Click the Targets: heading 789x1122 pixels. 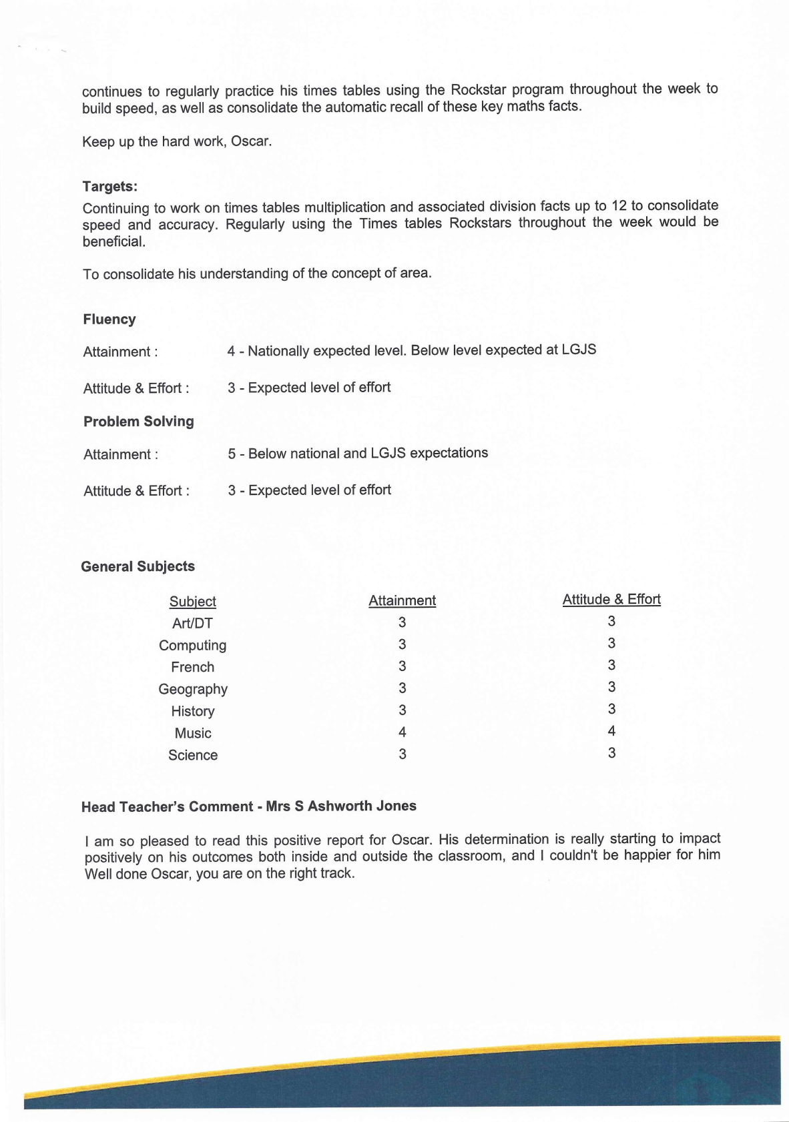coord(109,187)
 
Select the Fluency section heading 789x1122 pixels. coord(109,320)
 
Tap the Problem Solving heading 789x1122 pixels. coord(138,422)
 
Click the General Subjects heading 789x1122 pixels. coord(138,566)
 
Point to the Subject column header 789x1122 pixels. coord(192,602)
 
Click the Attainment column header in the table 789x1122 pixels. coord(402,600)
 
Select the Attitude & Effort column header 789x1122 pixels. coord(611,599)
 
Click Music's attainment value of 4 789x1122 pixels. coord(402,732)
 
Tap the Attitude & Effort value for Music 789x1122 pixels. coord(611,731)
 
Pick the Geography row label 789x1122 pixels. coord(192,689)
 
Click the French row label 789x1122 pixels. coord(192,667)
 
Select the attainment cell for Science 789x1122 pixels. coord(402,754)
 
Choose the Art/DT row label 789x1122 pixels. coord(192,624)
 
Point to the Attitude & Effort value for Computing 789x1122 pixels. coord(611,643)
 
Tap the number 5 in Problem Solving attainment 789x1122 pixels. coord(232,454)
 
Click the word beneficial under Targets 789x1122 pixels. coord(113,242)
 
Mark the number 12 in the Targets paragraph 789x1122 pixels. coord(619,205)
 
